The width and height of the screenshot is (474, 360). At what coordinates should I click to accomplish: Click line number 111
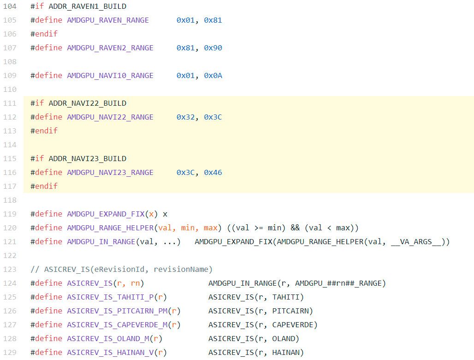pos(9,103)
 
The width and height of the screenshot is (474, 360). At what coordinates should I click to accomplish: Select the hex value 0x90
pos(213,48)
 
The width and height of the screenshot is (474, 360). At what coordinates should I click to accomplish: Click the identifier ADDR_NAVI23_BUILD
pos(87,159)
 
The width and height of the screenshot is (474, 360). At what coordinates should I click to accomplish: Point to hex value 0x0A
pos(213,76)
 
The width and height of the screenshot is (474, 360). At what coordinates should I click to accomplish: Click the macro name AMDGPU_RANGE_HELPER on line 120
pos(110,228)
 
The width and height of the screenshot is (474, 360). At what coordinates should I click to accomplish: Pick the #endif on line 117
pos(44,186)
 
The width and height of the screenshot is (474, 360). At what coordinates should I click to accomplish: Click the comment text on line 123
pos(121,270)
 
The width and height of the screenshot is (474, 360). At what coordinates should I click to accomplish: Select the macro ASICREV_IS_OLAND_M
pos(108,339)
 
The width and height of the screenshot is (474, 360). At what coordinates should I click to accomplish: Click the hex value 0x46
pos(213,173)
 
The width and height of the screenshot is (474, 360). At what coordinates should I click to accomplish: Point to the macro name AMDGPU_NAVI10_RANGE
pos(110,76)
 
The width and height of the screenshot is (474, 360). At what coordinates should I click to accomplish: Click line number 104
pos(9,6)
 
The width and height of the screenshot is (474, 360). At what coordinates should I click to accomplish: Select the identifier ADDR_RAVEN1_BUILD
pos(87,6)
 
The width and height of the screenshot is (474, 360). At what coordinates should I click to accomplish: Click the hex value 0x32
pos(185,117)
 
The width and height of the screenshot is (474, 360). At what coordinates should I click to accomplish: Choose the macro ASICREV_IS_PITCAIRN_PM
pos(117,311)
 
